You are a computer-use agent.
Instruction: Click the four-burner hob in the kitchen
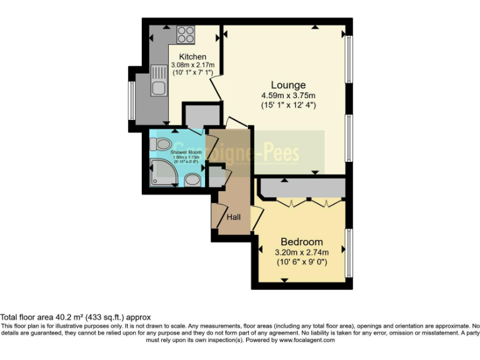tap(186, 34)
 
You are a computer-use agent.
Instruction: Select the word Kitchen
tap(192, 57)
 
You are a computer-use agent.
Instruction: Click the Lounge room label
tap(288, 85)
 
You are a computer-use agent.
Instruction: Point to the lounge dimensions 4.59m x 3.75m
tap(288, 96)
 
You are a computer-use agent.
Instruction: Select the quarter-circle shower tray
tap(162, 173)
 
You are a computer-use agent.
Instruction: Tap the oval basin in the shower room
tap(193, 180)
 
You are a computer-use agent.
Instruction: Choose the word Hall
tap(234, 217)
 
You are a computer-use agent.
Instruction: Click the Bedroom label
tap(302, 242)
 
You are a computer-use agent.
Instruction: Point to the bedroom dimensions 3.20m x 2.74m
tap(302, 252)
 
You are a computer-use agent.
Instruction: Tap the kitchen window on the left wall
tap(131, 99)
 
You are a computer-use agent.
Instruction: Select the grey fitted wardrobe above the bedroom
tap(302, 188)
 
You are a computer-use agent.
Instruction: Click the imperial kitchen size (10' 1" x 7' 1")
tap(192, 72)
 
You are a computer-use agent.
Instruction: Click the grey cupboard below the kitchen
tap(201, 116)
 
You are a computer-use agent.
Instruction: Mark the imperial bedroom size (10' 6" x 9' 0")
tap(302, 262)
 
